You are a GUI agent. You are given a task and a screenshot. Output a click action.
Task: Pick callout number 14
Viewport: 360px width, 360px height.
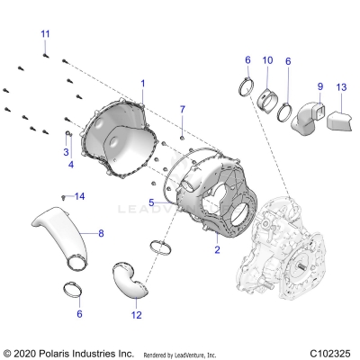79,196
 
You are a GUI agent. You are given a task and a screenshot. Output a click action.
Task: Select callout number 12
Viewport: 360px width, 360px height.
137,315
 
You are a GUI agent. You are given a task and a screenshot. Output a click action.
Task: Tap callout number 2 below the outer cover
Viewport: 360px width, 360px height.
217,249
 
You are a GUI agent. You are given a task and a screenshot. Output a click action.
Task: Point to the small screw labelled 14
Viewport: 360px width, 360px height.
63,195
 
